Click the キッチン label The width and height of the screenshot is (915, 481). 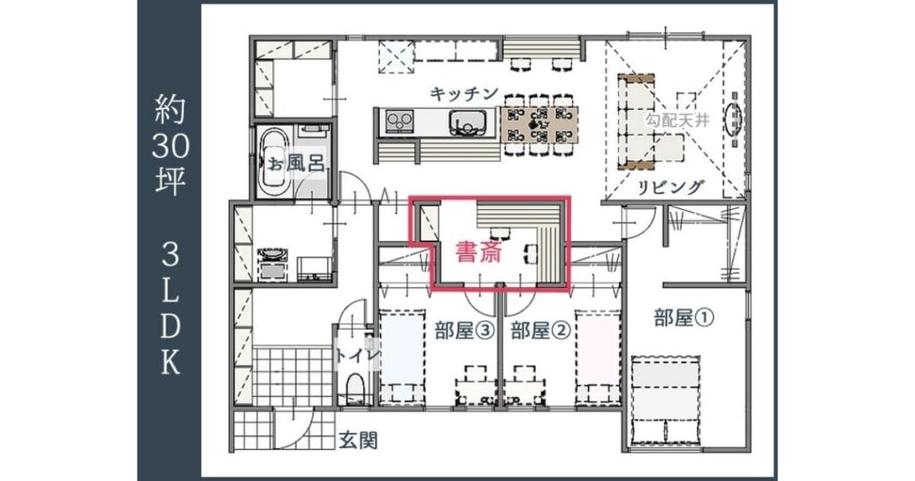[x=463, y=94]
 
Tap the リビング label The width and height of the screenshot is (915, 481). [x=671, y=187]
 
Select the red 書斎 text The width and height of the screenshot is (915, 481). [x=477, y=253]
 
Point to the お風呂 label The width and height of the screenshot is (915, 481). [x=297, y=163]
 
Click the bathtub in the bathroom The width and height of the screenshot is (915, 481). [x=272, y=161]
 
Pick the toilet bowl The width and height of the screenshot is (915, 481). [x=355, y=390]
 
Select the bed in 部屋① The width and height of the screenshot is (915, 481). [x=665, y=399]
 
